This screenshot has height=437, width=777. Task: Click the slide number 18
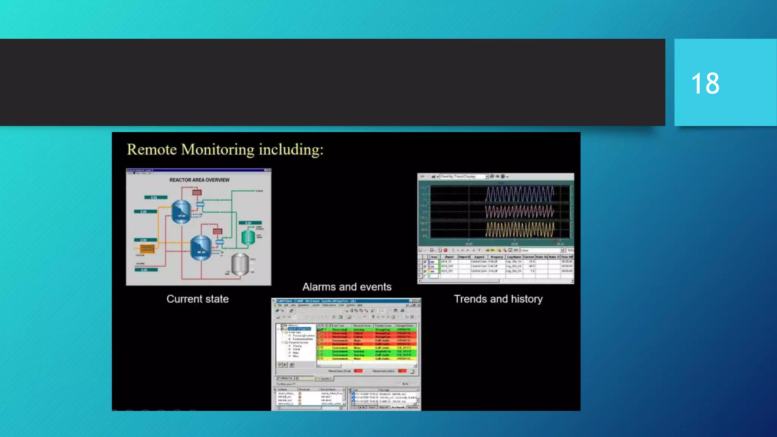click(x=705, y=83)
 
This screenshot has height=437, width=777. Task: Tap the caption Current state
click(x=197, y=299)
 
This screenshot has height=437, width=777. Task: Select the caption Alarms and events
click(x=347, y=287)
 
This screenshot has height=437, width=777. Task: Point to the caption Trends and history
click(x=498, y=299)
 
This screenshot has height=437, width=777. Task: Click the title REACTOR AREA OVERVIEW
click(x=199, y=180)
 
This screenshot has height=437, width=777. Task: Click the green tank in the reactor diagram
click(x=248, y=237)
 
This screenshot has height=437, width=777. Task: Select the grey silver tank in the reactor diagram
click(x=240, y=264)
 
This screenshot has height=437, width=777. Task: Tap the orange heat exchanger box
click(x=147, y=249)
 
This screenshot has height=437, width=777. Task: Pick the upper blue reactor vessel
click(x=181, y=212)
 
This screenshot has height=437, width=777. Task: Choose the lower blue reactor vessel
click(x=200, y=247)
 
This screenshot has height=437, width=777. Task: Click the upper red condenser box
click(x=197, y=193)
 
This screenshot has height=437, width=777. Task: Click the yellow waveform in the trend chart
click(x=520, y=230)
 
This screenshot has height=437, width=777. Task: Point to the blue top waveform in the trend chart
click(x=520, y=194)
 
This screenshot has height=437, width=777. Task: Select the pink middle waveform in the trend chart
click(x=520, y=212)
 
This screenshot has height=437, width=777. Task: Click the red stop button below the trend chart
click(x=445, y=250)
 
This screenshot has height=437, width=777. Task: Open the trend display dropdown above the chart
click(x=486, y=177)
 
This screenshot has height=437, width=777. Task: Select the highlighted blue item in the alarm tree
click(x=300, y=329)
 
